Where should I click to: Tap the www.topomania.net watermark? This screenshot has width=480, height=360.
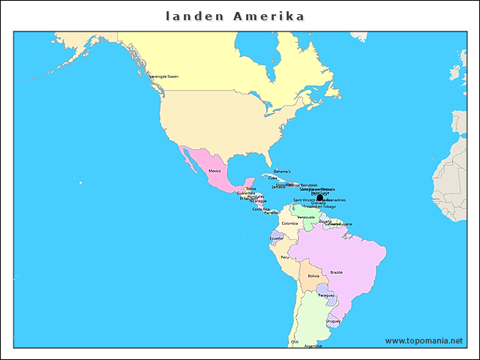[424, 340]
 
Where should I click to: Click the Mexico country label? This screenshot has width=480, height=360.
[214, 172]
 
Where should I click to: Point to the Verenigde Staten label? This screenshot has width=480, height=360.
[163, 76]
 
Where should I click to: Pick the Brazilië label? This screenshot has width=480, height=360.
[337, 272]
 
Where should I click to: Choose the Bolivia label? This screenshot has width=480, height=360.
[313, 276]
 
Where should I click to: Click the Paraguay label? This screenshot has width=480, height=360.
[325, 295]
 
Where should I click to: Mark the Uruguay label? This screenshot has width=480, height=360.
[334, 321]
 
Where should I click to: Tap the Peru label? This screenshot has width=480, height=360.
[285, 256]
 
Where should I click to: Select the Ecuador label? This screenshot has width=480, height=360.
[277, 238]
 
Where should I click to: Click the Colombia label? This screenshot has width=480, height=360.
[289, 223]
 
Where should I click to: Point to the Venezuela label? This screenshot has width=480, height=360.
[306, 217]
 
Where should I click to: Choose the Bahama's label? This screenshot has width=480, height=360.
[282, 172]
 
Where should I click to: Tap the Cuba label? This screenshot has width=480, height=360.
[272, 178]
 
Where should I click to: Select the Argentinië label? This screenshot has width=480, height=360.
[313, 346]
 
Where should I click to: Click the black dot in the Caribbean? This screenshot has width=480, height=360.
[320, 197]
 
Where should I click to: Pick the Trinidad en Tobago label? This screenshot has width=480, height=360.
[319, 206]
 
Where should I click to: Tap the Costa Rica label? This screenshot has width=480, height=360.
[261, 209]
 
